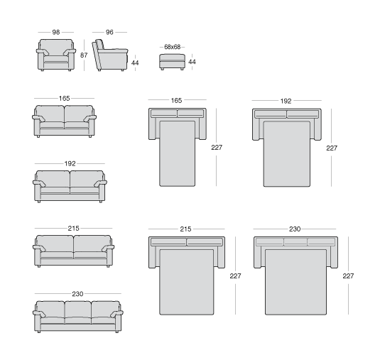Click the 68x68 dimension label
click(x=173, y=47)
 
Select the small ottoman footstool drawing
click(x=173, y=62)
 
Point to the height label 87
click(x=84, y=55)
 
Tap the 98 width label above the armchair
click(x=56, y=32)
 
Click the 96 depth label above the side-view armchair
click(x=109, y=32)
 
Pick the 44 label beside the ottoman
click(x=192, y=62)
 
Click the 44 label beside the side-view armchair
click(x=135, y=63)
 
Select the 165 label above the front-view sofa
click(x=64, y=99)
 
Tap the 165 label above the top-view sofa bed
click(x=176, y=100)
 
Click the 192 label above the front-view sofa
click(x=70, y=163)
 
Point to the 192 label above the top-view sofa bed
click(x=286, y=101)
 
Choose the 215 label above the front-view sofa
click(x=73, y=228)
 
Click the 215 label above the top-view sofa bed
click(x=185, y=229)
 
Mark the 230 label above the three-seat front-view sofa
click(x=77, y=294)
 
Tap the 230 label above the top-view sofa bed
click(x=295, y=229)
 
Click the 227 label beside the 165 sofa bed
click(x=217, y=147)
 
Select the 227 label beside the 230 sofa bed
click(x=348, y=276)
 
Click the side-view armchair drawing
click(x=110, y=55)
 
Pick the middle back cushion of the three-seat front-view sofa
click(x=78, y=309)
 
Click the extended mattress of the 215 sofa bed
click(x=187, y=282)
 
